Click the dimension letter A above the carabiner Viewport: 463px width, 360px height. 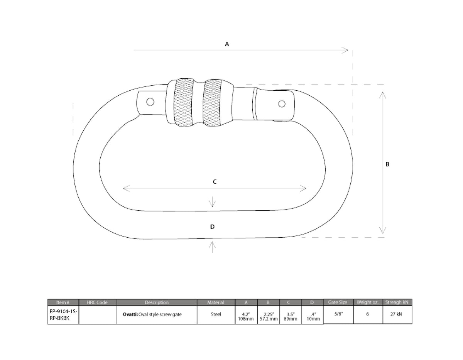coord(227,44)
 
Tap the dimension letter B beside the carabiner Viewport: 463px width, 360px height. coord(387,164)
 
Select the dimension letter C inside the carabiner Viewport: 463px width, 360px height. coord(215,182)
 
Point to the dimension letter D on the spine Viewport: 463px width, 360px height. coord(212,226)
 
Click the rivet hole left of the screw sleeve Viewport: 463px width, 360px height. coord(150,102)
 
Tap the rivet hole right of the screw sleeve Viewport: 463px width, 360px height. coord(282,104)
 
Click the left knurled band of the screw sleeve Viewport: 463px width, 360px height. coord(183,102)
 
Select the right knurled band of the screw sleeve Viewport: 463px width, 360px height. coord(212,103)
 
